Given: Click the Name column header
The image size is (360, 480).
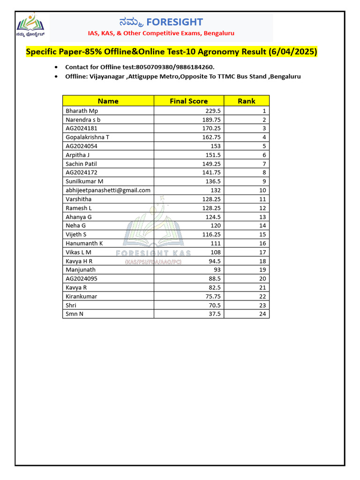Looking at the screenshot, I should (108, 101).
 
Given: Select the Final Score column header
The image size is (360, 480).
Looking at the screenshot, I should (188, 101).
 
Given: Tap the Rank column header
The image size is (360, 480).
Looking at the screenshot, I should (247, 101).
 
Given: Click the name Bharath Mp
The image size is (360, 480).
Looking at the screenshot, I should (82, 111).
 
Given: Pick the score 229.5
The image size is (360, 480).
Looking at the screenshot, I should (213, 111).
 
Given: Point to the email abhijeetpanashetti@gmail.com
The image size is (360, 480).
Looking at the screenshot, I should (108, 190).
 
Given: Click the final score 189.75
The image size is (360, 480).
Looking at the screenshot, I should (211, 120).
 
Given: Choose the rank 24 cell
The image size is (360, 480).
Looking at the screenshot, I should (262, 314).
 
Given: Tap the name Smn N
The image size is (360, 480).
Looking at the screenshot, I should (75, 314).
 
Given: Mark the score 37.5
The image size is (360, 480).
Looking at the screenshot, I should (215, 314).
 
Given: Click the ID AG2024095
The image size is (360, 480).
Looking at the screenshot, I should (82, 278).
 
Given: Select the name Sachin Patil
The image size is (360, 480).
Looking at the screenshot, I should (81, 164).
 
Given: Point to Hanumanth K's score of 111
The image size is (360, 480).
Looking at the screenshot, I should (216, 243).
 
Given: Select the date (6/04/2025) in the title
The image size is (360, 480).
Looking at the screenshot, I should (293, 52).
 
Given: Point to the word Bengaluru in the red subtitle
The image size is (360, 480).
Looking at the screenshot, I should (219, 33).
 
